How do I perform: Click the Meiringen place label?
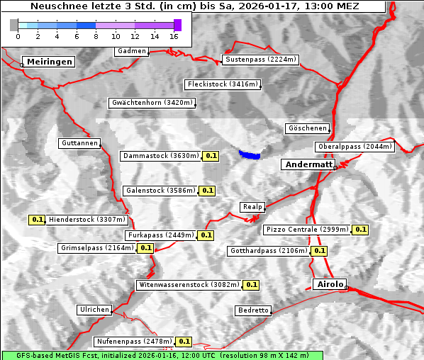click(x=48, y=62)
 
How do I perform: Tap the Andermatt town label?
click(x=308, y=164)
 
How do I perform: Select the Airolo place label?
click(x=330, y=284)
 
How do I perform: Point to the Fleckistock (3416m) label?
click(x=222, y=84)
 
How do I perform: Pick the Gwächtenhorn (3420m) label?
click(x=152, y=103)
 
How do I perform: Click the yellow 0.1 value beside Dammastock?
click(x=211, y=155)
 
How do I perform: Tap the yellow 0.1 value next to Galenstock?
click(x=207, y=191)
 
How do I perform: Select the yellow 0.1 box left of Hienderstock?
click(x=38, y=220)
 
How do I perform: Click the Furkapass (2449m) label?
click(x=160, y=235)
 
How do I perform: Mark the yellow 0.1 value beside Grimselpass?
click(x=145, y=248)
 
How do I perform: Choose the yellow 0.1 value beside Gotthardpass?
click(x=319, y=251)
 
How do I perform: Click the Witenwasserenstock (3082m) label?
click(x=189, y=285)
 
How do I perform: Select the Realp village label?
click(x=252, y=207)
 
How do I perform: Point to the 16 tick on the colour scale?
click(x=174, y=36)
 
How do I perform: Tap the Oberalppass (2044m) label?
click(x=355, y=147)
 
